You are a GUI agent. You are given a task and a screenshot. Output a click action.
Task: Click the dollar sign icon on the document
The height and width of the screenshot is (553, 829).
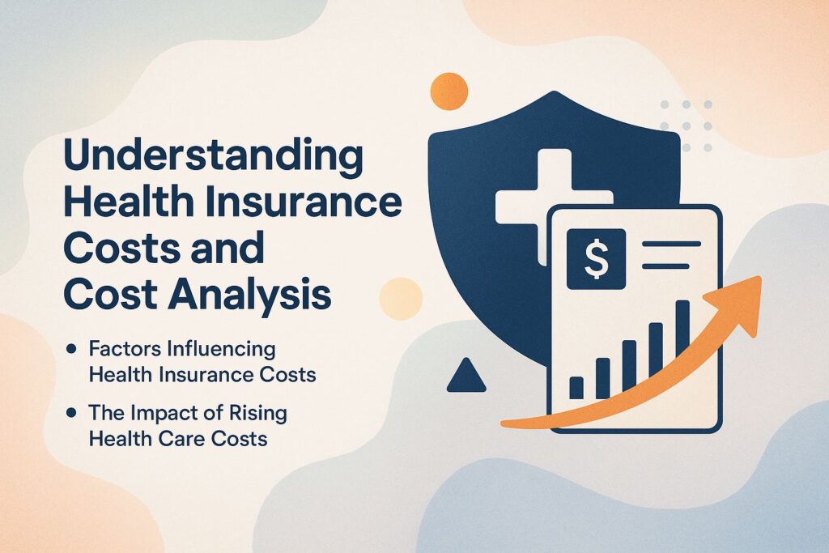click(596, 259)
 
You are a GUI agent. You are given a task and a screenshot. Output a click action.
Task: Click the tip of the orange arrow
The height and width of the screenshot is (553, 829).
click(760, 277)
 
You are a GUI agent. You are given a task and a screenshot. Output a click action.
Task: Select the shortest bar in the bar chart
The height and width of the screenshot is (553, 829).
click(576, 388)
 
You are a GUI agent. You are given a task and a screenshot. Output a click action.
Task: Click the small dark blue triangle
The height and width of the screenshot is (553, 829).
click(466, 376)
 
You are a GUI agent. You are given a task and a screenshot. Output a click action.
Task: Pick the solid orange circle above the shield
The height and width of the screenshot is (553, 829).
click(449, 91)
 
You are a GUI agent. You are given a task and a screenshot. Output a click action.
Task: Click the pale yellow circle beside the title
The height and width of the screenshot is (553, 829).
click(401, 299)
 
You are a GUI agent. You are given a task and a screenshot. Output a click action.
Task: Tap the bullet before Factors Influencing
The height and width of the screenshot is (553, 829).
click(70, 349)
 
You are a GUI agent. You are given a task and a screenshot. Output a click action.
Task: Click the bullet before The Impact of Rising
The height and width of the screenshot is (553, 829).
click(70, 413)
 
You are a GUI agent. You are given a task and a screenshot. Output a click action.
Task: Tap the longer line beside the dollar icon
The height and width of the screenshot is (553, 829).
click(671, 245)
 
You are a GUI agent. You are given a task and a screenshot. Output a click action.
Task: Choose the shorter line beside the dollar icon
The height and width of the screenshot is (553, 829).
click(665, 266)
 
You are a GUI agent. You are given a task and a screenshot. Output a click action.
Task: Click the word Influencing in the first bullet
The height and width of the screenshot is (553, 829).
click(221, 350)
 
